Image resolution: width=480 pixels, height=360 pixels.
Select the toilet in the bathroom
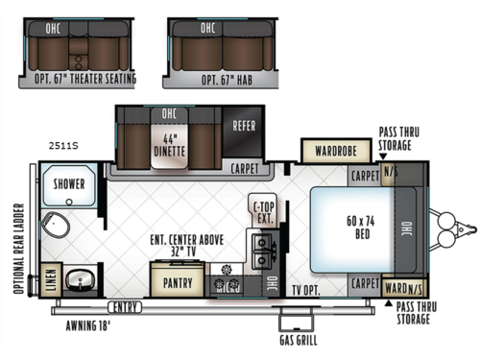coord(59,228)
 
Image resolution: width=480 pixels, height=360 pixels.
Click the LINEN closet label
coord(51,277)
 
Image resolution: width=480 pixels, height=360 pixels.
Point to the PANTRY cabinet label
coord(178,283)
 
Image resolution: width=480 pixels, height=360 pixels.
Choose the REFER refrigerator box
coord(242,126)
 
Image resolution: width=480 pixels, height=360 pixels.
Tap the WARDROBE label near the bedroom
coord(330,151)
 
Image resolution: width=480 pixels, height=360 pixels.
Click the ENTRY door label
coord(123,306)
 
